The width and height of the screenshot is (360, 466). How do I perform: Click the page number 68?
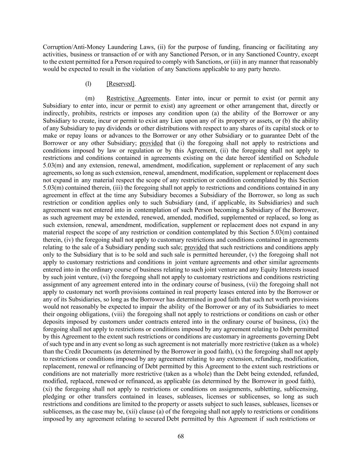click(x=181, y=436)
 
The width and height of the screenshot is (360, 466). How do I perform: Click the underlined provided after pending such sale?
click(x=196, y=247)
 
